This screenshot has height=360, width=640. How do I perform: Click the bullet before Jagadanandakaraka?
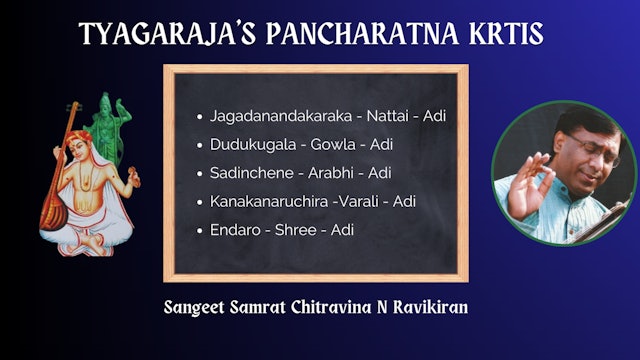pyautogui.click(x=200, y=117)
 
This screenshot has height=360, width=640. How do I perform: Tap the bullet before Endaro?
pyautogui.click(x=200, y=231)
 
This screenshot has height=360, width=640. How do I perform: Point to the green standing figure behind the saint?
pyautogui.click(x=104, y=125)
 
